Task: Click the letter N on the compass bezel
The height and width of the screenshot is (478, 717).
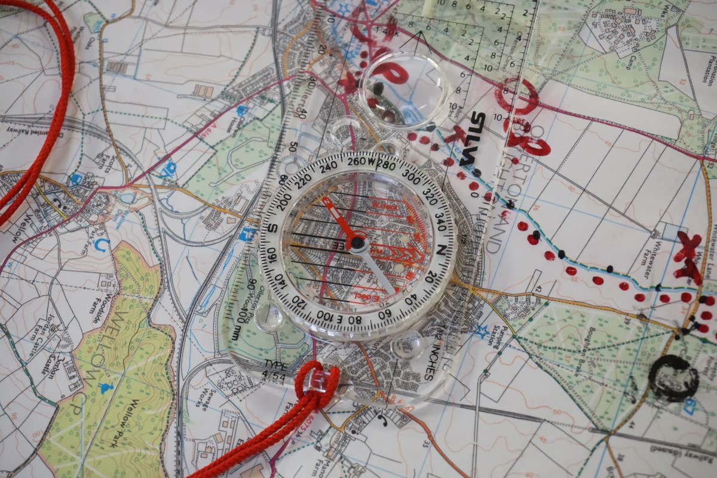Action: (x=441, y=249)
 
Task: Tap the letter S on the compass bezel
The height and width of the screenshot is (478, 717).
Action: (x=272, y=228)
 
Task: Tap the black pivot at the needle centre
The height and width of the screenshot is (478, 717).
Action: (x=357, y=242)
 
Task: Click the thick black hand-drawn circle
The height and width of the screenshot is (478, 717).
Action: (x=673, y=378)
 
